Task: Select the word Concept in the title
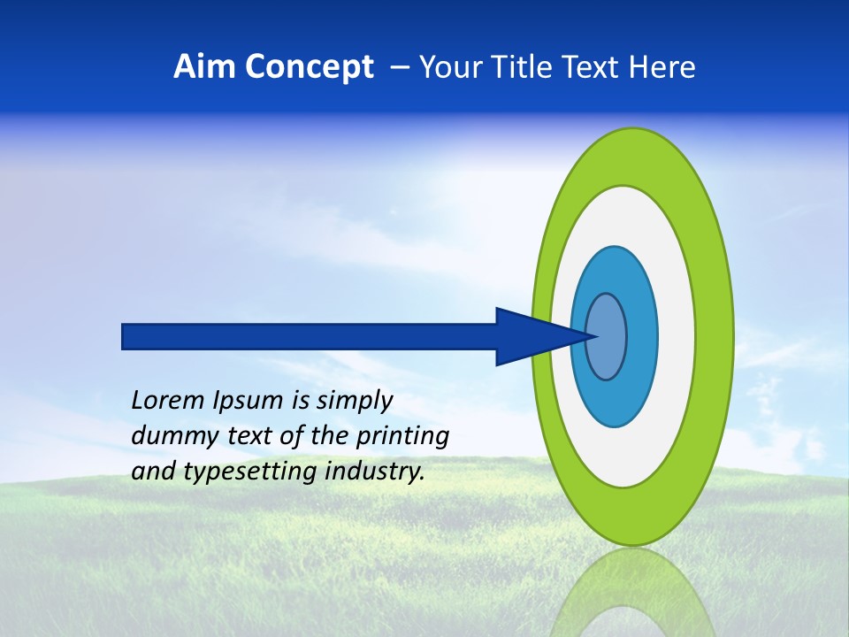[309, 67]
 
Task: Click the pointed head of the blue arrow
[539, 336]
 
